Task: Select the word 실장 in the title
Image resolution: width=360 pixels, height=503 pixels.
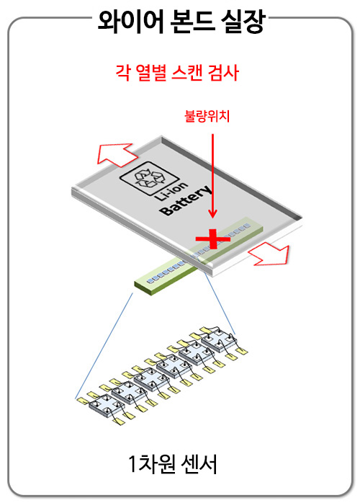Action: tap(243, 22)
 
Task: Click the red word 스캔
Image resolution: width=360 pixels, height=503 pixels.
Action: tap(187, 73)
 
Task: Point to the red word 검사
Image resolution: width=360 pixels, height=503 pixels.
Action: tap(224, 73)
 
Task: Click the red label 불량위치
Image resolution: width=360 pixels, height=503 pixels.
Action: tap(207, 116)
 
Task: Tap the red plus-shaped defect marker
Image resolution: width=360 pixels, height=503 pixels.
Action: tap(213, 239)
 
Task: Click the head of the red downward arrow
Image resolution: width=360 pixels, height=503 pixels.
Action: tap(212, 213)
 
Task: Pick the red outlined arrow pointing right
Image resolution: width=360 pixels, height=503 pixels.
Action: tap(270, 254)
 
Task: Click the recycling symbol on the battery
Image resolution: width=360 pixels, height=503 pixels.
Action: tap(149, 179)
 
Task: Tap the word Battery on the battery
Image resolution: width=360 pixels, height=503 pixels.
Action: tap(186, 201)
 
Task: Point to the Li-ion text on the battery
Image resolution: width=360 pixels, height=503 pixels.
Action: tap(171, 192)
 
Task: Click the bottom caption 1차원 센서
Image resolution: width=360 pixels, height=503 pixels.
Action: tap(173, 463)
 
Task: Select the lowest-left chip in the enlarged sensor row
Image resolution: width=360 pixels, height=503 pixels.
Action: tap(107, 406)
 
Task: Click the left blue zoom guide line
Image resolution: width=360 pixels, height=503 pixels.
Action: tap(104, 346)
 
